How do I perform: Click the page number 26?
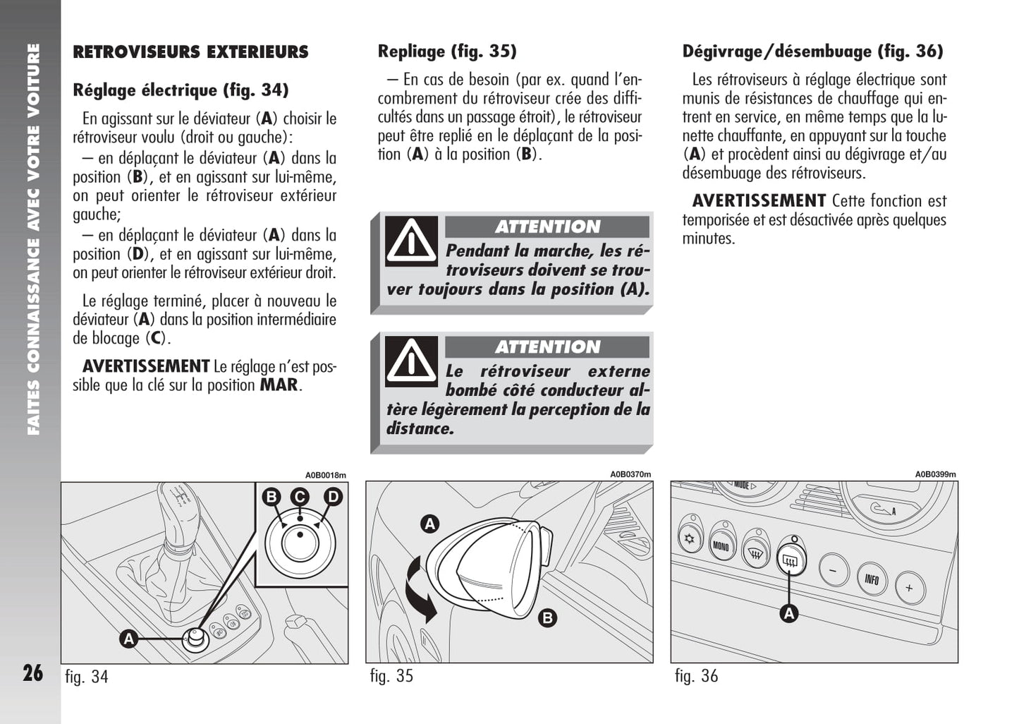[32, 672]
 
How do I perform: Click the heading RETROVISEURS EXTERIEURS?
[190, 52]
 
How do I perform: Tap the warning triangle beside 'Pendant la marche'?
[411, 241]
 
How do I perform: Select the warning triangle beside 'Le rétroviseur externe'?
[411, 361]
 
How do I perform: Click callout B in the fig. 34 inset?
[271, 497]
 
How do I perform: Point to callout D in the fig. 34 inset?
[332, 497]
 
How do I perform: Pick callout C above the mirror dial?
[300, 497]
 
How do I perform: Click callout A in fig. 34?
[128, 639]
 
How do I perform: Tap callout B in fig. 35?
[547, 619]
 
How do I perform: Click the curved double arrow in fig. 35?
[419, 591]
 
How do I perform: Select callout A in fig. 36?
[789, 613]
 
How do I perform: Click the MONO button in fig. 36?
[721, 545]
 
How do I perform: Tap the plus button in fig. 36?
[909, 588]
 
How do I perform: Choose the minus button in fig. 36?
[834, 569]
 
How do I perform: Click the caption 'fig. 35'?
[391, 676]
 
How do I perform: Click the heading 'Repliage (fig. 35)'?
[447, 52]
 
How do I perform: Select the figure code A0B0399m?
[935, 475]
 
